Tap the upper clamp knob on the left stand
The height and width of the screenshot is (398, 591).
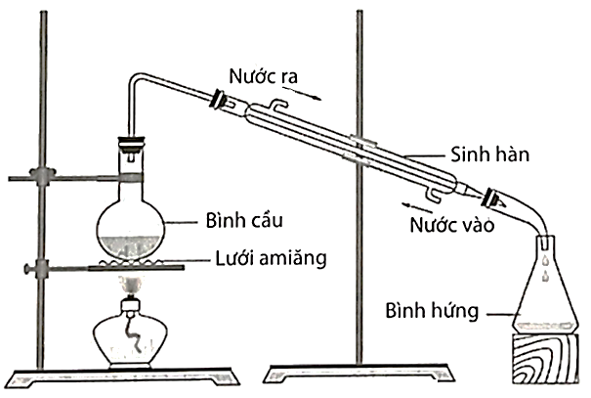40,177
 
